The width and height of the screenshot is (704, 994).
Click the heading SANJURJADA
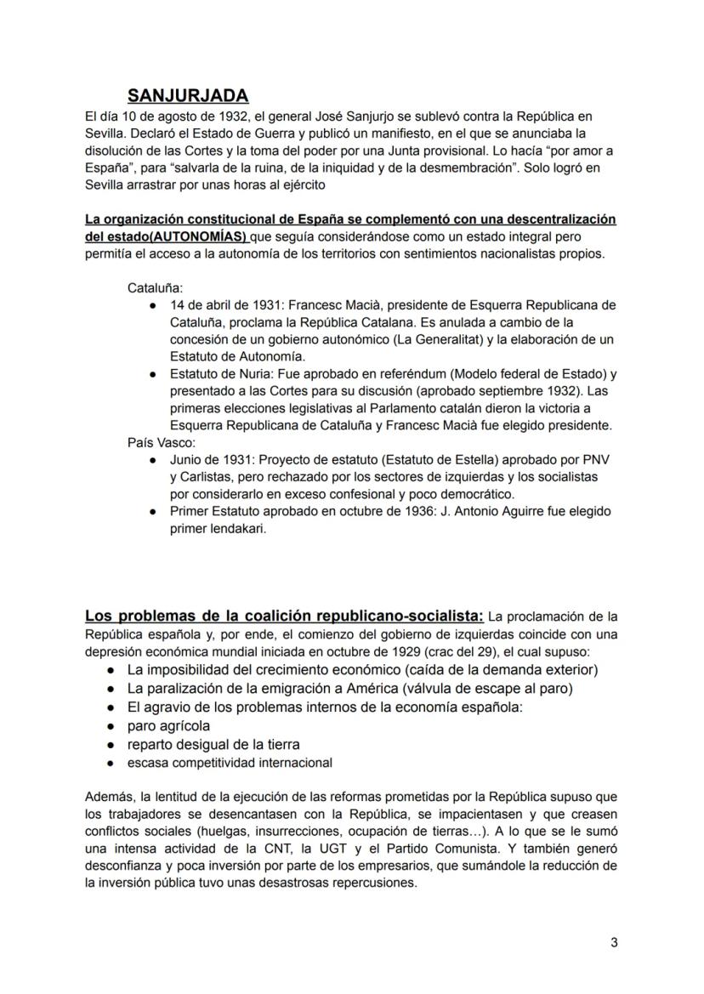(188, 95)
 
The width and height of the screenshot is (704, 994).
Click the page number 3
(614, 942)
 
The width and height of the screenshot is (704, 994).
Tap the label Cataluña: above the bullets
(150, 288)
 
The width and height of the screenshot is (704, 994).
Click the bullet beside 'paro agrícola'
(111, 727)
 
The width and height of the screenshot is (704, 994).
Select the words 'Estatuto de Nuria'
(213, 374)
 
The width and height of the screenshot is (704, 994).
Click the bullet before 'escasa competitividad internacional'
(111, 764)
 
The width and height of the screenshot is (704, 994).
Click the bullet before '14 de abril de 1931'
(151, 305)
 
